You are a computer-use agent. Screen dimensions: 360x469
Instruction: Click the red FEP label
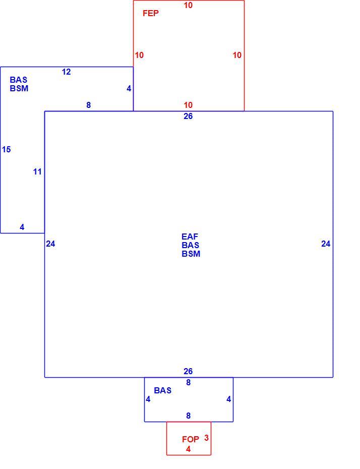coord(150,13)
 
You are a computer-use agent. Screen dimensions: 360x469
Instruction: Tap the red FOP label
coord(190,439)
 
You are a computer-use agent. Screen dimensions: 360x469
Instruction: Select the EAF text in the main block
coord(190,237)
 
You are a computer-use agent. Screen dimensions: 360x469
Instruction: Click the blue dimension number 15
coord(6,149)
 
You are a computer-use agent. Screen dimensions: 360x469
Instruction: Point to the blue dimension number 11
coord(37,171)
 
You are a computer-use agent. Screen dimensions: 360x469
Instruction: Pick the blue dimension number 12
coord(67,72)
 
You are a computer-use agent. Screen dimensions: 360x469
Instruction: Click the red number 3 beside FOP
coord(206,438)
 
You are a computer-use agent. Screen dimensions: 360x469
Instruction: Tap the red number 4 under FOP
coord(188,449)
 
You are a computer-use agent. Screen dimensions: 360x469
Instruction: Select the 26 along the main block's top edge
coord(188,116)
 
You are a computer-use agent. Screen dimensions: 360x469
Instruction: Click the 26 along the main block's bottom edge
coord(188,371)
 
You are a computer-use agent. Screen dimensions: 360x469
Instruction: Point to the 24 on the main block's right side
coord(326,244)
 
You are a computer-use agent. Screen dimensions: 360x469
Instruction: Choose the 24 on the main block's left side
coord(50,244)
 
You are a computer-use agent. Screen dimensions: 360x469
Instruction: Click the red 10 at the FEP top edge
coord(188,5)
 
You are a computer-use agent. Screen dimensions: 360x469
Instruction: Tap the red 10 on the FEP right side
coord(237,55)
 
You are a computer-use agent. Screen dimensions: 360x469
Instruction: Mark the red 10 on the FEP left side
coord(139,55)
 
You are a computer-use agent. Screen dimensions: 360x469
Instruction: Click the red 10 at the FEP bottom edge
coord(188,105)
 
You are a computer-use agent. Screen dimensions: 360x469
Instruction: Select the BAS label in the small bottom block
coord(163,390)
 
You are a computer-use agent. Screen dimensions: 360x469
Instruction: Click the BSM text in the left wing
coord(19,88)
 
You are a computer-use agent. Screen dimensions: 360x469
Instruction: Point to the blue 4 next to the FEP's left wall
coord(129,88)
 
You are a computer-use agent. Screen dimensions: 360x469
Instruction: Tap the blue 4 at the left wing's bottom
coord(22,227)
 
